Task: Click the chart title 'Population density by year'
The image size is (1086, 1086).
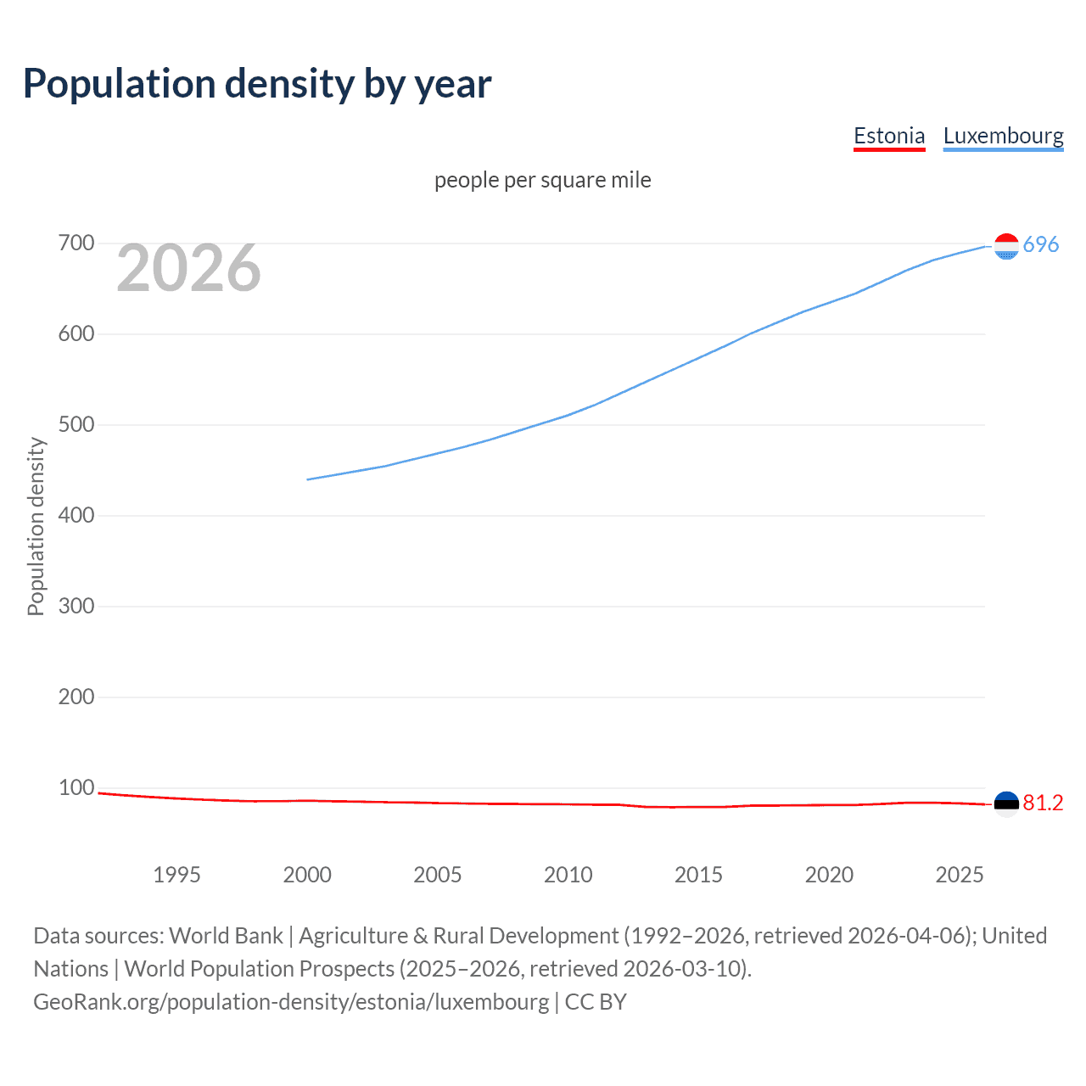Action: [257, 84]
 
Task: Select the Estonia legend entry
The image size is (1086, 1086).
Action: [888, 136]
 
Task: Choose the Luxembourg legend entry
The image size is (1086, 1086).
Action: [1003, 136]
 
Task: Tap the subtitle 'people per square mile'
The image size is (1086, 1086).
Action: [542, 180]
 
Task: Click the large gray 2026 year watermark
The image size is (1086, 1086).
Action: [188, 268]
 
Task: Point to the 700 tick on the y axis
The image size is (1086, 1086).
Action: [76, 244]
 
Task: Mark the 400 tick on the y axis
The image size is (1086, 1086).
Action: [76, 515]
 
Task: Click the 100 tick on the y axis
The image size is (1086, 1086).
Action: [76, 787]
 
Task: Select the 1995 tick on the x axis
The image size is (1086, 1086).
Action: [176, 875]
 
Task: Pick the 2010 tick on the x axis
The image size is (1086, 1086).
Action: [568, 875]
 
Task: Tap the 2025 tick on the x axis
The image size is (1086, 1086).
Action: [960, 875]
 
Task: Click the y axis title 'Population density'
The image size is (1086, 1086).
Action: [36, 526]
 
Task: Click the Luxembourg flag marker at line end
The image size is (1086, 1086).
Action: [1006, 246]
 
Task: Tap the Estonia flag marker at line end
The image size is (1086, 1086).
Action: [1006, 803]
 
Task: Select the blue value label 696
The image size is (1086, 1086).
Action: [1041, 244]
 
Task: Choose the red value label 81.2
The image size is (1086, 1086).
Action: [1043, 803]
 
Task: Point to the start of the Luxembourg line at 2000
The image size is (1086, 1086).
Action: [308, 479]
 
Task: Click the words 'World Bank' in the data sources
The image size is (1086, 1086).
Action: [226, 935]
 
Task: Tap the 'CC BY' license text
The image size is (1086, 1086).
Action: [596, 1001]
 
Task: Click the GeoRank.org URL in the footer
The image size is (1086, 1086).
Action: [291, 1001]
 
